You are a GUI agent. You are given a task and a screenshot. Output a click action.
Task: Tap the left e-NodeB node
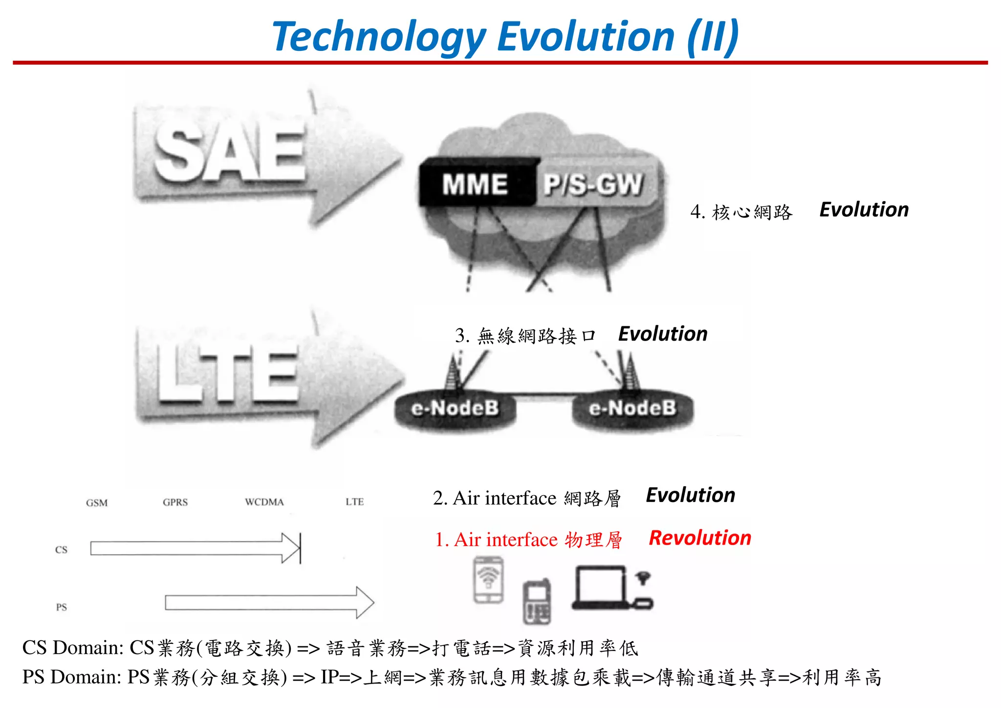click(x=455, y=409)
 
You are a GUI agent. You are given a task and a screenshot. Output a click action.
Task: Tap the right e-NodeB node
click(x=632, y=409)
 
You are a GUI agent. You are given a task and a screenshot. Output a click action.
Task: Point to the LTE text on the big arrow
click(x=228, y=374)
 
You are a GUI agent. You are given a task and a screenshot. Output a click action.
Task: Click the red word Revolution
click(x=700, y=538)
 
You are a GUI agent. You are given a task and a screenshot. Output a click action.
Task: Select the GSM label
click(x=97, y=502)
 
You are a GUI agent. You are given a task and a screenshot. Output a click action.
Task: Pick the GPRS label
click(x=175, y=502)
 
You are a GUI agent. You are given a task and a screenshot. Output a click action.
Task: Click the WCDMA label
click(x=264, y=502)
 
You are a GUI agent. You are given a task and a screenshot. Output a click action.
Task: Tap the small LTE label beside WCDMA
click(x=354, y=502)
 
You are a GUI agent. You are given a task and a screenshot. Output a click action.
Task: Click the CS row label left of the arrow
click(x=61, y=550)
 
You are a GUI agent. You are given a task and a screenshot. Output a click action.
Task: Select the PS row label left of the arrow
click(x=61, y=607)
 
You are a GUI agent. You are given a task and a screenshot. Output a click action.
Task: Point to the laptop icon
click(x=600, y=587)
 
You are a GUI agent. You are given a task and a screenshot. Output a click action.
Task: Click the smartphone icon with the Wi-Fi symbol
click(x=488, y=580)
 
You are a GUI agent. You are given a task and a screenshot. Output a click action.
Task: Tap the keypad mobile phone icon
click(x=537, y=602)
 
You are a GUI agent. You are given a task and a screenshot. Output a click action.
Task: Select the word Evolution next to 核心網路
click(x=864, y=210)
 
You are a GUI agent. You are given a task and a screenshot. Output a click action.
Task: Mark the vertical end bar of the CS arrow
click(x=300, y=548)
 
